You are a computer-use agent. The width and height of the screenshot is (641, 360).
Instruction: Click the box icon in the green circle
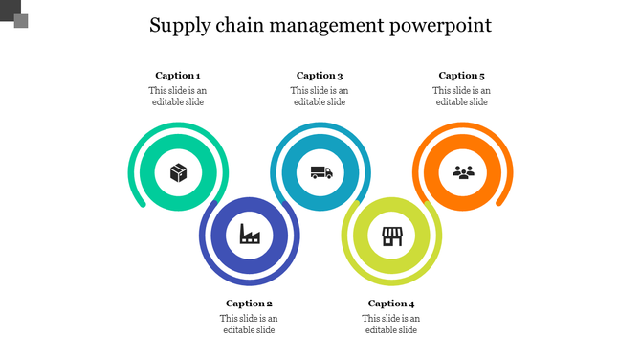(x=178, y=173)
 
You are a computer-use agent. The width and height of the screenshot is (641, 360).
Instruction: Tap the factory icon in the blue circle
(x=250, y=234)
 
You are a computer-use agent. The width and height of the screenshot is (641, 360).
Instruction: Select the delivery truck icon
(x=320, y=173)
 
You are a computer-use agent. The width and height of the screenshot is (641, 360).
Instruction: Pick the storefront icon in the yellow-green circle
(x=391, y=235)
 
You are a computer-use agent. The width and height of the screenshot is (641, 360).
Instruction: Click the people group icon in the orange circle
(x=463, y=173)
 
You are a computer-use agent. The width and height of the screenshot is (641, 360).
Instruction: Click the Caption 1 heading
(x=178, y=76)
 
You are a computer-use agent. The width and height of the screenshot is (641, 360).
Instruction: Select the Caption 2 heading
(x=250, y=304)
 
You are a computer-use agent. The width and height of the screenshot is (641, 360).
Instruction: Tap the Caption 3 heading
(x=320, y=76)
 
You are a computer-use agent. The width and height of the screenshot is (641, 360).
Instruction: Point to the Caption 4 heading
(x=391, y=304)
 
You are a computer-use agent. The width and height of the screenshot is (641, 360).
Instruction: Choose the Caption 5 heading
(x=462, y=76)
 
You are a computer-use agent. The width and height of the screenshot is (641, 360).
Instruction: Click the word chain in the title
(x=244, y=25)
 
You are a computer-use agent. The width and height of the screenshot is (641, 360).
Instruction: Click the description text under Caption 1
(x=177, y=97)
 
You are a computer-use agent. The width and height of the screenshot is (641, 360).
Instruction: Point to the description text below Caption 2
(x=249, y=325)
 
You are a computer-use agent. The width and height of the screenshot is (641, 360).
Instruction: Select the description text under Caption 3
(x=320, y=97)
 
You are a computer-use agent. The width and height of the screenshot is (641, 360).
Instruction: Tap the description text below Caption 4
(x=391, y=325)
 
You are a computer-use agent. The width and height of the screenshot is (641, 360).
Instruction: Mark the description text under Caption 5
(x=462, y=97)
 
